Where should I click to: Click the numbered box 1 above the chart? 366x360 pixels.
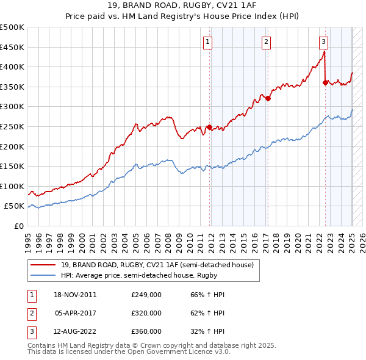(x=208, y=41)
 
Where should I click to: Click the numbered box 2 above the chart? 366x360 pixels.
(x=267, y=41)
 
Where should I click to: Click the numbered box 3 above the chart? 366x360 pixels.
(x=323, y=41)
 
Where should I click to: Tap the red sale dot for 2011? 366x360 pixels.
(x=209, y=127)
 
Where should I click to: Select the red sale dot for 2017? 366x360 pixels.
(x=268, y=98)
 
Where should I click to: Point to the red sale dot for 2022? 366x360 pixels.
(x=325, y=82)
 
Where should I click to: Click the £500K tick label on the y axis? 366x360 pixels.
(x=12, y=27)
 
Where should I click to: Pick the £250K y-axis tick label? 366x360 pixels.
(x=12, y=126)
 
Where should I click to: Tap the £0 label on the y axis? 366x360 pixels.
(x=19, y=226)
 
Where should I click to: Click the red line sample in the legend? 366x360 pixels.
(x=43, y=264)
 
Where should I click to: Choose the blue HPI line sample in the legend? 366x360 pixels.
(x=43, y=275)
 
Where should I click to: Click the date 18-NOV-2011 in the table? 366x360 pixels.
(x=76, y=295)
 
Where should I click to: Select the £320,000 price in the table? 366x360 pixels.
(x=146, y=313)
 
